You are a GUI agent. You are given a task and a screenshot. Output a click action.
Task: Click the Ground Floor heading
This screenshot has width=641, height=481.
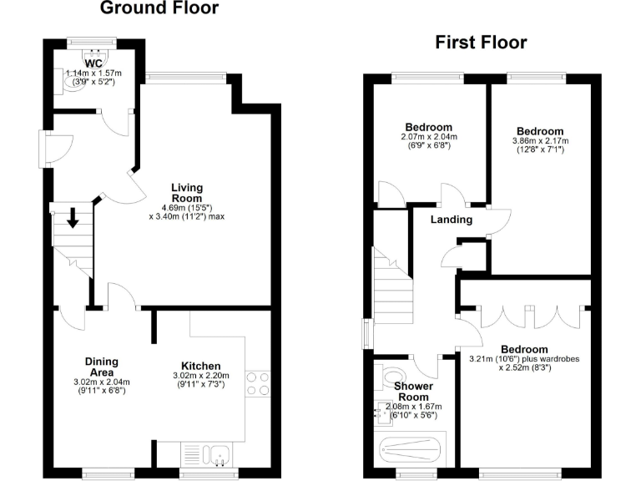[159, 9]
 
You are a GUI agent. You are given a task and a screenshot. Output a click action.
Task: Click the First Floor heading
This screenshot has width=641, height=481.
[481, 43]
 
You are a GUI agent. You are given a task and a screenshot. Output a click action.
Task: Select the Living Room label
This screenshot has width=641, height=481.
[187, 193]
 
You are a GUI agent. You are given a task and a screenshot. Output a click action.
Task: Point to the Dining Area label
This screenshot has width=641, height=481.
[101, 367]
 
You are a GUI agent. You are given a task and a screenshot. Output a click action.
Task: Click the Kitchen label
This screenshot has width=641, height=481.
[201, 366]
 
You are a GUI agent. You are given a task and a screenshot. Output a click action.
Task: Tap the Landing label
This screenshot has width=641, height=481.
[452, 220]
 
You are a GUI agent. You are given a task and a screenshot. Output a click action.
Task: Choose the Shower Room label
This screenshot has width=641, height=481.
[413, 392]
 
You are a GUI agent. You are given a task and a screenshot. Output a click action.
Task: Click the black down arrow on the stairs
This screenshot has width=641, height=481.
[73, 219]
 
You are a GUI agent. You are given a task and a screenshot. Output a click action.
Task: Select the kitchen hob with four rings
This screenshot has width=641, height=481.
[259, 383]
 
